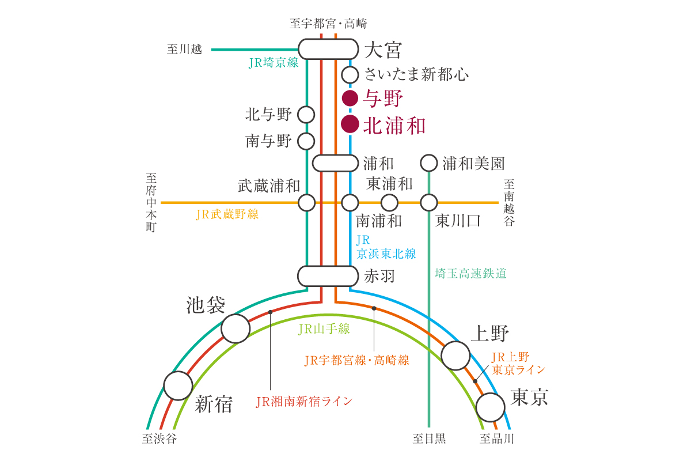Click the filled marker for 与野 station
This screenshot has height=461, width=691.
[x=350, y=99]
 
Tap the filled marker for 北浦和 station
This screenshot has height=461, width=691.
[x=350, y=124]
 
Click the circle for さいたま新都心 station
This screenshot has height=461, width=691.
[x=350, y=75]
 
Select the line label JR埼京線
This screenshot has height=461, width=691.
[x=274, y=63]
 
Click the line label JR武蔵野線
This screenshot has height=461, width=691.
[x=227, y=214]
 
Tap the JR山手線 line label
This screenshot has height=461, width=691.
[x=324, y=329]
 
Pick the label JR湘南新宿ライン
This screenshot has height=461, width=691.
[x=304, y=402]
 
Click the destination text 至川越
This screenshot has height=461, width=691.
[x=184, y=49]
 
